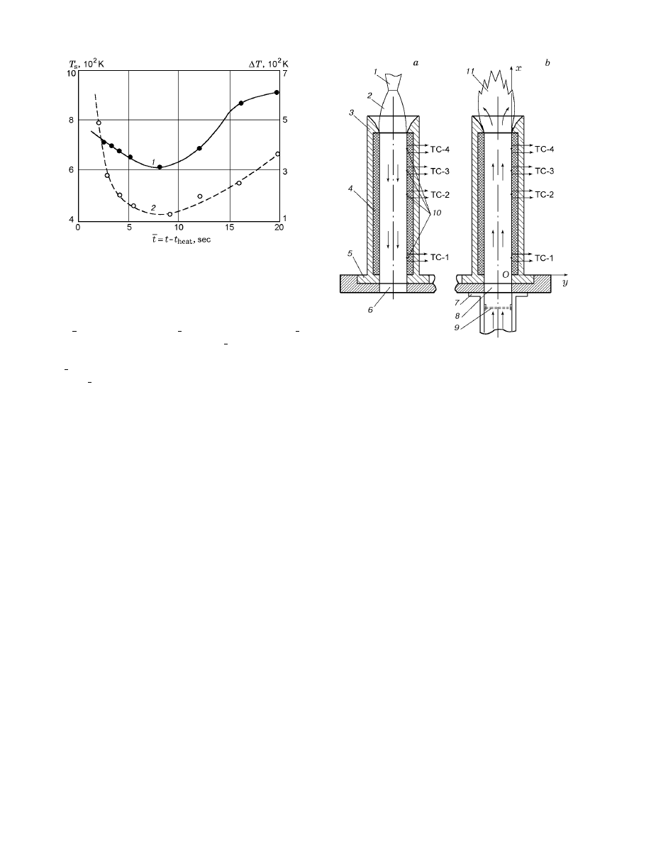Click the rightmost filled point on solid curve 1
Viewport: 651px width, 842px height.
[x=277, y=92]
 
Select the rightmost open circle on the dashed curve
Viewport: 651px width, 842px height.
[x=278, y=154]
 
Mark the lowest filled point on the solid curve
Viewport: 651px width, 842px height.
[x=160, y=167]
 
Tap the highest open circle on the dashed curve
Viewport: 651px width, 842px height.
[x=99, y=123]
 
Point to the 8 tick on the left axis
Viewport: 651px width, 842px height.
[x=71, y=120]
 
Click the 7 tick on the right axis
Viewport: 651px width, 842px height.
[x=285, y=73]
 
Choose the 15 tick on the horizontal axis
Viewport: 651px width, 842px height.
[x=228, y=228]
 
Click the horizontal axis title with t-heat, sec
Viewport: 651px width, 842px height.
[x=181, y=240]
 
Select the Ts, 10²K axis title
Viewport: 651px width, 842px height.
[x=86, y=63]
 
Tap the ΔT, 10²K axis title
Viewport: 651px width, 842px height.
[x=267, y=63]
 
